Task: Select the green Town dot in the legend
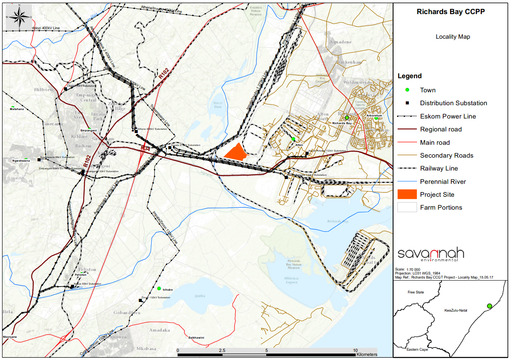pos(407,90)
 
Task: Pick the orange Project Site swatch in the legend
pos(407,194)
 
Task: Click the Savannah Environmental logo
pos(430,255)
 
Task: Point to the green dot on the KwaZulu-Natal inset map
pos(489,306)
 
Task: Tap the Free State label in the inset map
pos(416,292)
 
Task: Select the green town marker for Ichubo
pos(159,288)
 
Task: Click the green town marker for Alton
pos(293,139)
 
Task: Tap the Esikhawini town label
pos(196,337)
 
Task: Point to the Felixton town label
pos(81,275)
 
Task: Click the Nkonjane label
pos(10,337)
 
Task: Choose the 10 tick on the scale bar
pos(355,350)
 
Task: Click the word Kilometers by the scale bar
pos(367,355)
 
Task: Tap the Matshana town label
pos(17,109)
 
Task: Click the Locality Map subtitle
pos(452,37)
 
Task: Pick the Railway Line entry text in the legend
pos(439,169)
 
